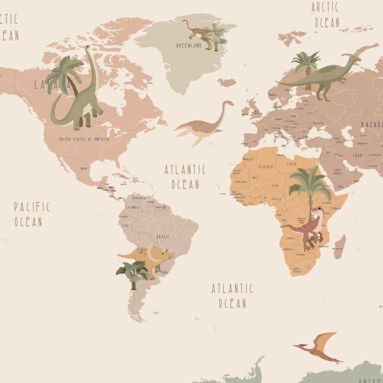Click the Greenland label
(188, 46)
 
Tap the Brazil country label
(163, 236)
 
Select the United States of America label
(84, 139)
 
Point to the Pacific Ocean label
(32, 214)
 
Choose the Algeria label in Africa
(266, 167)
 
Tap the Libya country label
(292, 164)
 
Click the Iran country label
(357, 155)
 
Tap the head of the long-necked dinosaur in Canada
(88, 47)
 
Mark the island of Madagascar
(339, 247)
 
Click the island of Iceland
(227, 82)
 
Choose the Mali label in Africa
(255, 178)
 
